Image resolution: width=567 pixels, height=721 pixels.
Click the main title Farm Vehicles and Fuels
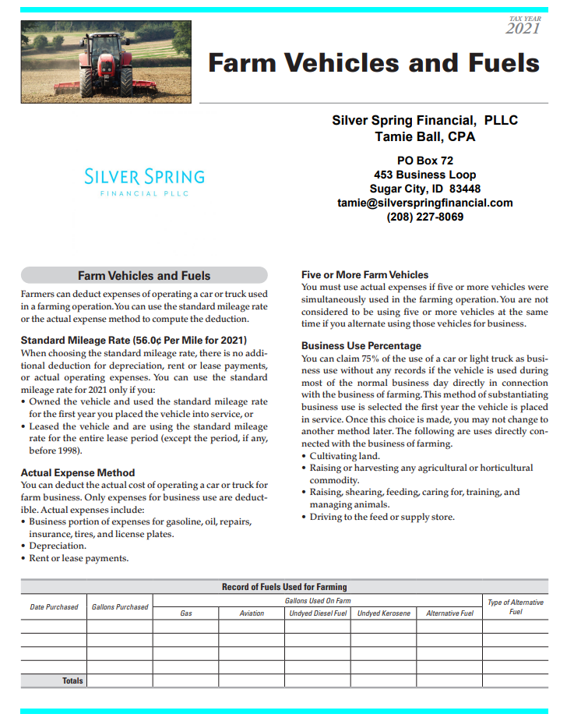pyautogui.click(x=373, y=62)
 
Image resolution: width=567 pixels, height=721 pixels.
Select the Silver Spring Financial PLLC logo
pyautogui.click(x=144, y=182)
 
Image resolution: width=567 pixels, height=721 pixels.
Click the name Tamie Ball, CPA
pyautogui.click(x=424, y=137)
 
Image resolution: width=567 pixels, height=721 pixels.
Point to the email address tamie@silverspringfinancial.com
pyautogui.click(x=424, y=203)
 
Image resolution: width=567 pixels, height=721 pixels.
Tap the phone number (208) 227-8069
pyautogui.click(x=424, y=217)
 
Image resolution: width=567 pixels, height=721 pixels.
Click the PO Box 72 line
pyautogui.click(x=424, y=161)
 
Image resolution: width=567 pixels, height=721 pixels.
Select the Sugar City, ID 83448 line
pyautogui.click(x=424, y=189)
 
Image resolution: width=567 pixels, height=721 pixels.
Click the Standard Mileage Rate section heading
pyautogui.click(x=133, y=341)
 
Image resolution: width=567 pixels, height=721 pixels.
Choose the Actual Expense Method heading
pyautogui.click(x=78, y=472)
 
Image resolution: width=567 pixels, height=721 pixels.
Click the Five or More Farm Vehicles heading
pyautogui.click(x=364, y=274)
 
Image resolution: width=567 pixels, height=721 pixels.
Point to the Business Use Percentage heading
pyautogui.click(x=361, y=345)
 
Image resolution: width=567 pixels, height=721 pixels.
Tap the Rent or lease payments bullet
pyautogui.click(x=79, y=558)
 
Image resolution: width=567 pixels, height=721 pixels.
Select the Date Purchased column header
pyautogui.click(x=54, y=606)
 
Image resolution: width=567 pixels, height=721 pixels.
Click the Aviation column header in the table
pyautogui.click(x=252, y=613)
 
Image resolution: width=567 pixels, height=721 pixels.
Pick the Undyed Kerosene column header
pyautogui.click(x=383, y=613)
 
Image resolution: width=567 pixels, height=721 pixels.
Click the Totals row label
pyautogui.click(x=72, y=680)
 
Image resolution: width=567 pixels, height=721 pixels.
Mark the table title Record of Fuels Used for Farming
pyautogui.click(x=284, y=587)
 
